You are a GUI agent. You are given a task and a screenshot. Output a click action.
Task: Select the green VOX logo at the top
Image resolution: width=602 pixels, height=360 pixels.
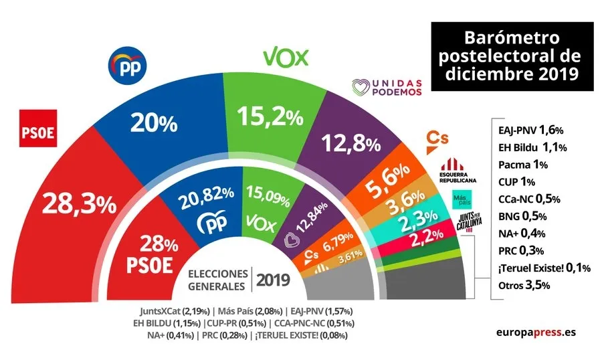pyautogui.click(x=286, y=58)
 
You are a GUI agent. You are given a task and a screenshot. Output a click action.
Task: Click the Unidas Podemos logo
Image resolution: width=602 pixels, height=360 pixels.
pyautogui.click(x=387, y=87)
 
